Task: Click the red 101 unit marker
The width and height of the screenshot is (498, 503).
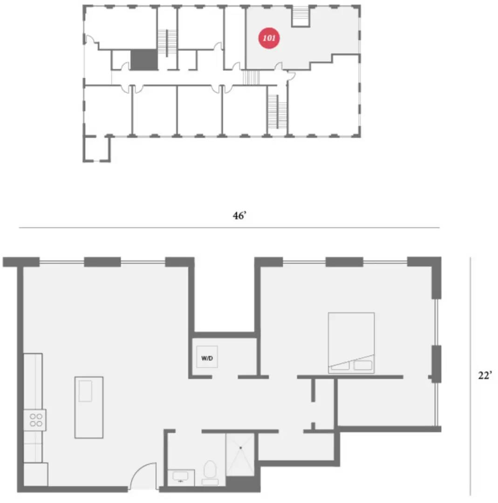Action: tap(269, 39)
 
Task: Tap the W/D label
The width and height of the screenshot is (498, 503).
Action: tap(207, 359)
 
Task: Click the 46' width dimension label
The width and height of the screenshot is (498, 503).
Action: tap(239, 216)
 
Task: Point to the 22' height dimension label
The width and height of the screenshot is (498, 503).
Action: tap(485, 376)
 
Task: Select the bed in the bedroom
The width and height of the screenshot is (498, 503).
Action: tap(351, 342)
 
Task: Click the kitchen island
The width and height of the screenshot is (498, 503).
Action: tap(89, 407)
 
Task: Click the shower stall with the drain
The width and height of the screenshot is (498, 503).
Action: tap(240, 455)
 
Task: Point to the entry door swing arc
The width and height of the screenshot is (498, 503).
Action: tap(142, 475)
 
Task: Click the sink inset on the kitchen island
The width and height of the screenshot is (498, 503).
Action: tap(85, 391)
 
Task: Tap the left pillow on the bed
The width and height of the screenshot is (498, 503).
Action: tap(340, 366)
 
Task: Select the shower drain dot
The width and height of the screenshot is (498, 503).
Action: tap(241, 448)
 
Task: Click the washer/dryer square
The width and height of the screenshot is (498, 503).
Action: tap(207, 357)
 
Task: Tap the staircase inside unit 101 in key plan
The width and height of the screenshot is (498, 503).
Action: tap(301, 17)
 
